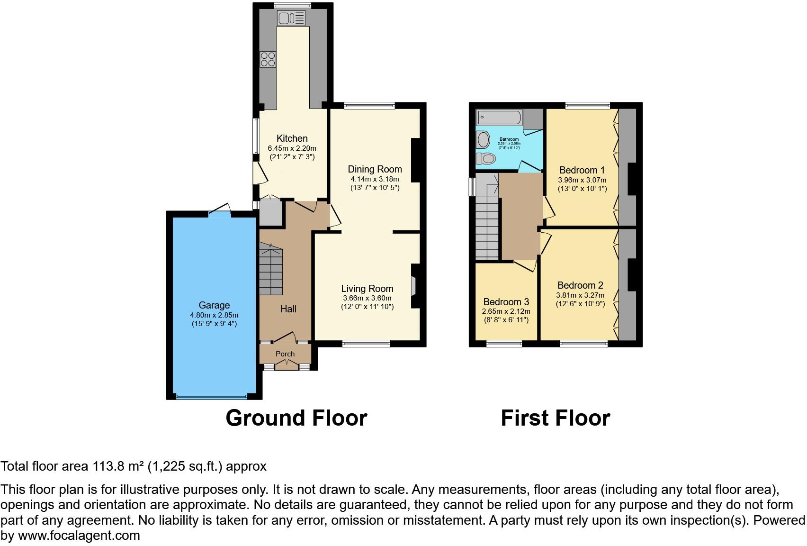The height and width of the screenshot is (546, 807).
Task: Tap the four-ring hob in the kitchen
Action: (268, 59)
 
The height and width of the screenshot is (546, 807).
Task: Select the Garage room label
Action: (214, 306)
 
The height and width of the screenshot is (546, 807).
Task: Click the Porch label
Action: (285, 354)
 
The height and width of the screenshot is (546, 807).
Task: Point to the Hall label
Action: (288, 309)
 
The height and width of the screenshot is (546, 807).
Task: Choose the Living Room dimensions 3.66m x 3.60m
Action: (367, 298)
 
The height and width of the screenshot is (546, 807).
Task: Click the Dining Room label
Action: (375, 169)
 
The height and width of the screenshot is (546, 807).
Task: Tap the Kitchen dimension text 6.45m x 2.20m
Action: (292, 148)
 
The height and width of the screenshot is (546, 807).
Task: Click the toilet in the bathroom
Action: (485, 158)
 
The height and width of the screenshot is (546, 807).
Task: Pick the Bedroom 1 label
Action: (582, 170)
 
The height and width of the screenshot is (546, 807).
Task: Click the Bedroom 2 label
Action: (580, 285)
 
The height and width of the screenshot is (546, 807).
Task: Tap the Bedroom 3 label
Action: (506, 302)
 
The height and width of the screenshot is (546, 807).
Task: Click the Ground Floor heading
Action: (296, 418)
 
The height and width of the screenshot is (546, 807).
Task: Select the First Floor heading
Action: (555, 418)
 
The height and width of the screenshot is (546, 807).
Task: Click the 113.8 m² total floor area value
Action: (117, 466)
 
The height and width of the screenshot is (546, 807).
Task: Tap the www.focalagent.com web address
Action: (79, 536)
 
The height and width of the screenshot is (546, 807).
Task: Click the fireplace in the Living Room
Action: (413, 286)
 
